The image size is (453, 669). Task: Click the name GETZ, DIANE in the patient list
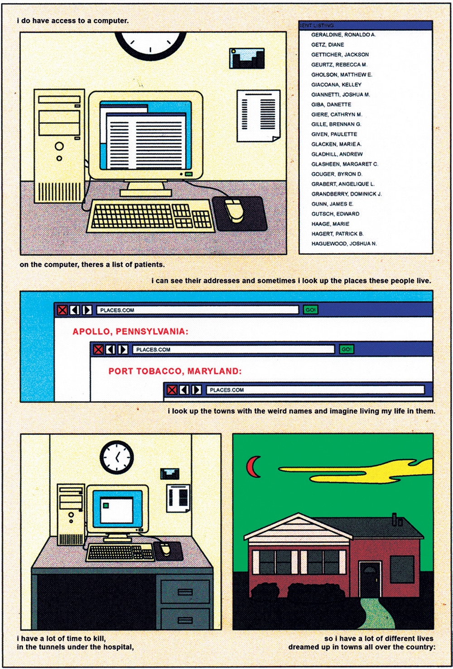click(328, 45)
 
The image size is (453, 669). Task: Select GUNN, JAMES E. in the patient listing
click(332, 204)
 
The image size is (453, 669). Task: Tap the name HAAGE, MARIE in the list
click(330, 224)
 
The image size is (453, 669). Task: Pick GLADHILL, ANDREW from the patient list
click(337, 154)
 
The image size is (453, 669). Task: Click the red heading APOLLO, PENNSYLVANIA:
click(130, 332)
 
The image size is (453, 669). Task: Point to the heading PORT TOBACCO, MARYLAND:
click(175, 372)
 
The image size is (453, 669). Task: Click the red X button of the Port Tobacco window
click(98, 349)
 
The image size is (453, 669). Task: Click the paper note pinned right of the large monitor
click(258, 115)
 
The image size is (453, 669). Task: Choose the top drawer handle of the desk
click(185, 592)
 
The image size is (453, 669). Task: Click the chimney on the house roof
click(396, 520)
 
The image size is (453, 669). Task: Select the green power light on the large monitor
click(188, 174)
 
